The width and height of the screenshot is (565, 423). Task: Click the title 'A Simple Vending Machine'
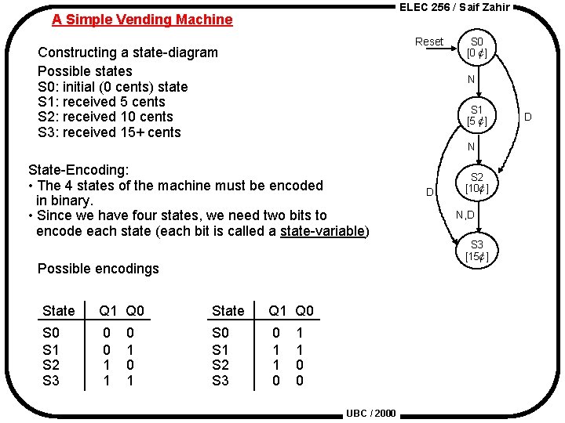click(x=142, y=20)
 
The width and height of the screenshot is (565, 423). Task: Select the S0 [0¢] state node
click(x=476, y=47)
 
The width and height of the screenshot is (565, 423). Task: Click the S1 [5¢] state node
click(x=476, y=115)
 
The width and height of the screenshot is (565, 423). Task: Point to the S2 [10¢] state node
click(x=476, y=183)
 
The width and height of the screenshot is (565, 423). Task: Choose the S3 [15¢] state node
click(x=476, y=251)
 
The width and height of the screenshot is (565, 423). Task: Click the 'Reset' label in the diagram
click(x=429, y=42)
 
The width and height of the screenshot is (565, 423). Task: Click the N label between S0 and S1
click(x=471, y=79)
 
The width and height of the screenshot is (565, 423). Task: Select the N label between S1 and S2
click(x=471, y=146)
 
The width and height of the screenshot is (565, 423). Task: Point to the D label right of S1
click(x=528, y=117)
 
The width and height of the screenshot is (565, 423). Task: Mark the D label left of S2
click(x=430, y=192)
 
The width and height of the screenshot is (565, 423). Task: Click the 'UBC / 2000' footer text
click(x=371, y=414)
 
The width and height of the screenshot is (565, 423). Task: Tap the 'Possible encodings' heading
click(x=98, y=269)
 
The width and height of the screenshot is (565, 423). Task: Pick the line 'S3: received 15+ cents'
click(x=109, y=132)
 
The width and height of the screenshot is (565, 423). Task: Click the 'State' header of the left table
click(x=59, y=311)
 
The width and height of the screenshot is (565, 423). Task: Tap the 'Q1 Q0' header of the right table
click(x=291, y=311)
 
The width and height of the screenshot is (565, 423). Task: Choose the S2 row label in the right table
click(x=221, y=365)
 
